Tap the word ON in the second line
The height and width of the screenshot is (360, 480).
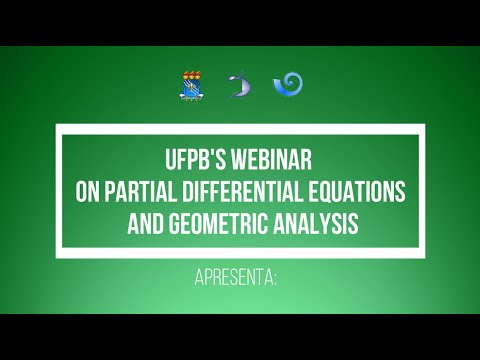point(90,191)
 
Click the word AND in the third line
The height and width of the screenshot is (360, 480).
point(145,222)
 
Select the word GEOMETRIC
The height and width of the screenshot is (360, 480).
point(218,222)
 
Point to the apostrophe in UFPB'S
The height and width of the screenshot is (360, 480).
point(217,154)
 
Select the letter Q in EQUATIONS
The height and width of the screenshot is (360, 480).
point(334,191)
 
